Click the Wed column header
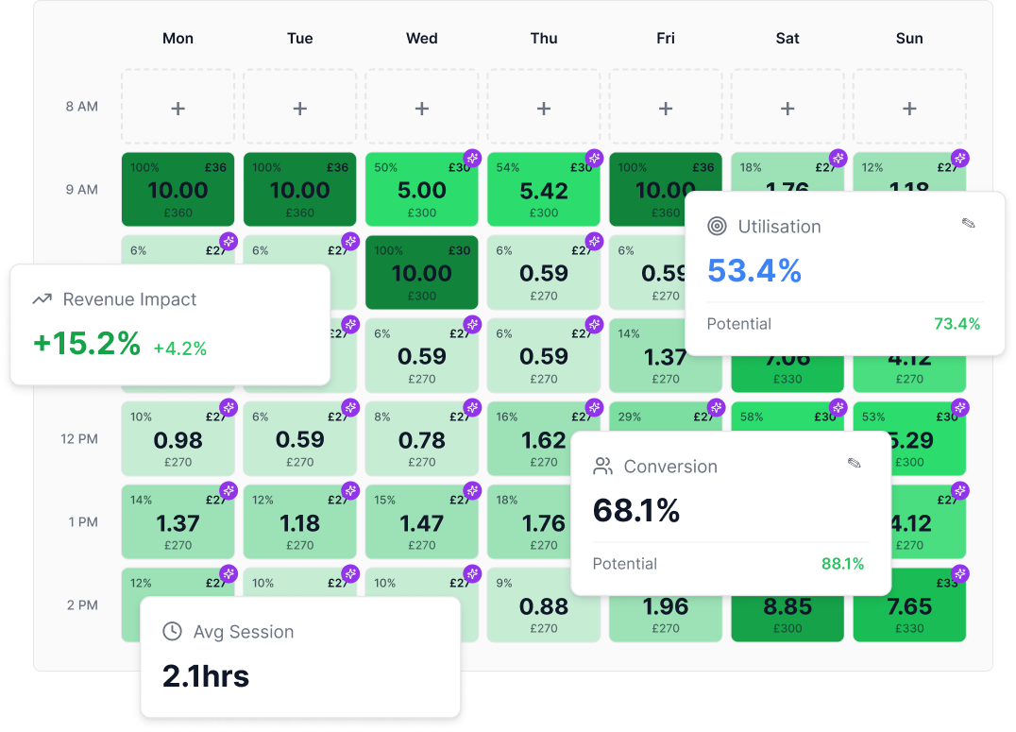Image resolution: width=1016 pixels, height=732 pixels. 421,39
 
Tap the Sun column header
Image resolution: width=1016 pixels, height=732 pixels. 909,39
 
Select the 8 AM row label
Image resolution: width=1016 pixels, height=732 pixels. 82,107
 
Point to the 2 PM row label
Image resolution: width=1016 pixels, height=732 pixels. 82,605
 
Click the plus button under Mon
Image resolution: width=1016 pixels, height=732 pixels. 178,109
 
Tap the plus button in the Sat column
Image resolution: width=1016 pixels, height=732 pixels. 787,109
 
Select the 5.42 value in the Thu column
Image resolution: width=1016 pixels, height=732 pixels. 544,191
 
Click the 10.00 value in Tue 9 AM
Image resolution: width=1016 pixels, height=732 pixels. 299,191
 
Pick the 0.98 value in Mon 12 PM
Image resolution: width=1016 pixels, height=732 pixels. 178,440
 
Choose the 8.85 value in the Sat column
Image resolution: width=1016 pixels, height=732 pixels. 787,606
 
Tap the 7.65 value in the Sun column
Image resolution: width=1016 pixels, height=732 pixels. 909,606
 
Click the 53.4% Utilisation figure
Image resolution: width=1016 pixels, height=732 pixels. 754,272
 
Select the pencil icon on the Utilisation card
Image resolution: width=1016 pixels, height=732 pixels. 968,224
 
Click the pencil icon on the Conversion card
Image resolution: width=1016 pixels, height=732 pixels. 854,464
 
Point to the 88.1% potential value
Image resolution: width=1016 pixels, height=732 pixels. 842,564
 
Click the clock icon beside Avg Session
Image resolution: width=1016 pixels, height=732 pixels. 172,632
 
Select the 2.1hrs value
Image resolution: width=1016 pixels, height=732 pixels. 206,676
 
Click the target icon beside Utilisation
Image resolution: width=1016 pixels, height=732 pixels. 718,227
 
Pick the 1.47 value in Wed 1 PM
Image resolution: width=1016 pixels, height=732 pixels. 421,523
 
